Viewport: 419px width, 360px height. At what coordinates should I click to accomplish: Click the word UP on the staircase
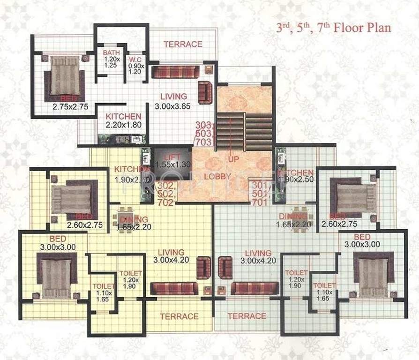pos(233,159)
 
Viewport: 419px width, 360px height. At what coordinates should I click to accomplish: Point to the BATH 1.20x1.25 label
pos(111,59)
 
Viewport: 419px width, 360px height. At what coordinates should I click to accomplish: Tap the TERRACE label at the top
pos(183,45)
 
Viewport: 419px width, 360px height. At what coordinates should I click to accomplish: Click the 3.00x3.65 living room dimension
pos(173,106)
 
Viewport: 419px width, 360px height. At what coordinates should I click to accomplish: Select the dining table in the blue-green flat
pos(300,218)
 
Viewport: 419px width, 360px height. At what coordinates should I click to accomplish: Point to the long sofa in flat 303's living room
pos(176,72)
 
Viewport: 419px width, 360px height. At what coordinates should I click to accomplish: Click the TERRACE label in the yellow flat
pos(179,316)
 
